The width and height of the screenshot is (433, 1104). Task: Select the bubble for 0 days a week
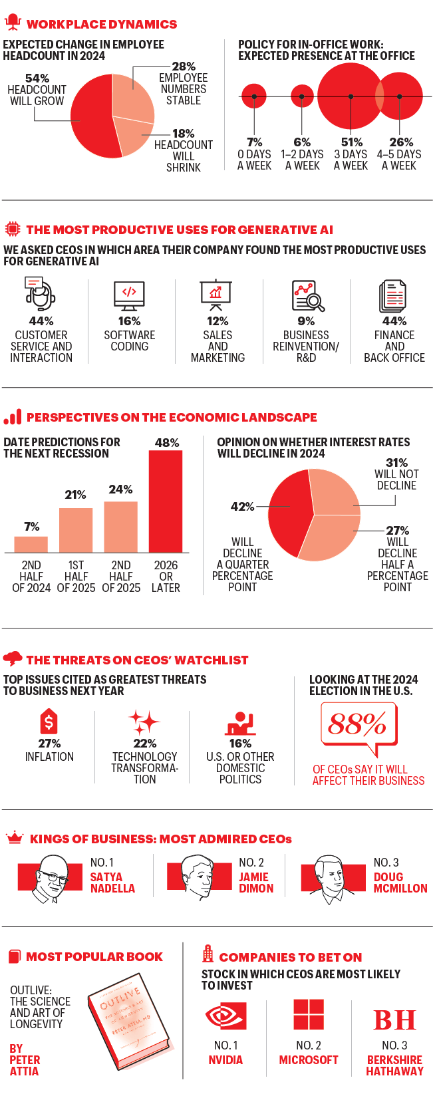click(254, 96)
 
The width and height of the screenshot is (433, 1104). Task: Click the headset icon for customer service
click(41, 294)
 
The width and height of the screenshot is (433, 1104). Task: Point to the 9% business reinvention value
click(306, 321)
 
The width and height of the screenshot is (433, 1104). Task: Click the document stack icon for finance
click(393, 296)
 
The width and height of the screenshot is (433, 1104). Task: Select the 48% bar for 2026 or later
click(166, 501)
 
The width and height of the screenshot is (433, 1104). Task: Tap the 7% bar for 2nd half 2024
click(31, 544)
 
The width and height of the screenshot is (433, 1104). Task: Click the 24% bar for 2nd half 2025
click(121, 527)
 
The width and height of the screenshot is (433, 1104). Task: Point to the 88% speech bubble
click(358, 726)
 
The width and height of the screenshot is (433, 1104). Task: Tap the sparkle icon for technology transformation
click(144, 722)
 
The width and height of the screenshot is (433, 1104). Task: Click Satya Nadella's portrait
click(51, 877)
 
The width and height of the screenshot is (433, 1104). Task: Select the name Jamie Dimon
click(256, 883)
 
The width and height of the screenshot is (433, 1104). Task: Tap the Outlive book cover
click(130, 1021)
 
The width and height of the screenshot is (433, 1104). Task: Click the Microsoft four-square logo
click(309, 1015)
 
